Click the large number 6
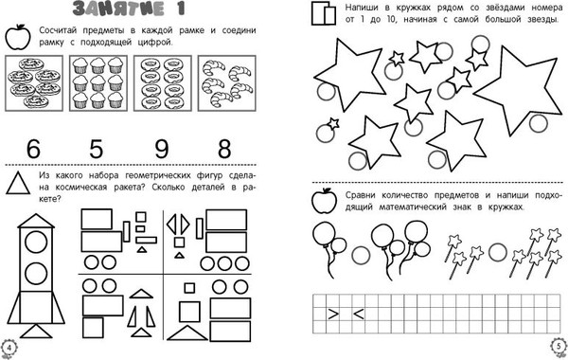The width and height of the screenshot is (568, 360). (x=33, y=149)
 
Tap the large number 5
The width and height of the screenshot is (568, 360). (x=96, y=149)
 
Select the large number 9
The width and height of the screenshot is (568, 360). (x=161, y=149)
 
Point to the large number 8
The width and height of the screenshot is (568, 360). (x=224, y=149)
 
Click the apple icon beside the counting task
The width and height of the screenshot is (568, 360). (x=18, y=37)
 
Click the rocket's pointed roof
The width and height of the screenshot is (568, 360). (x=36, y=221)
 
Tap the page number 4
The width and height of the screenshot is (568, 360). (x=9, y=348)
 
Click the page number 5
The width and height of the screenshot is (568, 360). (x=559, y=346)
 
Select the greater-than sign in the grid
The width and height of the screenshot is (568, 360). (x=333, y=314)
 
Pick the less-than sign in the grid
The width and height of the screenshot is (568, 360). (x=358, y=314)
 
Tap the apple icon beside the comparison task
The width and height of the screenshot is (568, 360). (x=324, y=201)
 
